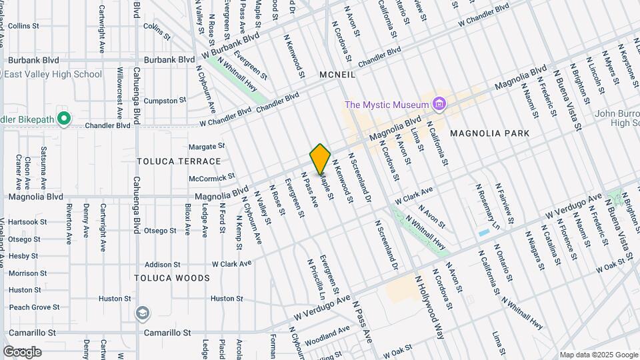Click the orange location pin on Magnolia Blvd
click(321, 159)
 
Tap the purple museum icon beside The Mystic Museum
click(439, 104)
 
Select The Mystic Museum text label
click(386, 104)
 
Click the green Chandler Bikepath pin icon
click(64, 119)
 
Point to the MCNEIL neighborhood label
click(337, 75)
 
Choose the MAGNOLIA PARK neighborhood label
click(490, 133)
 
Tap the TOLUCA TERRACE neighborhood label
click(179, 161)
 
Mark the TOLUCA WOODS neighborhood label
click(172, 278)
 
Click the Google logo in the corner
click(22, 351)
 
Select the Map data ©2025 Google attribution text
click(598, 354)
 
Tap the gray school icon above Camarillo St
click(142, 313)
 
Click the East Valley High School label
click(53, 74)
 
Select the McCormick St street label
click(212, 177)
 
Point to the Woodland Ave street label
click(327, 335)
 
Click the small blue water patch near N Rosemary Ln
click(483, 233)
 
